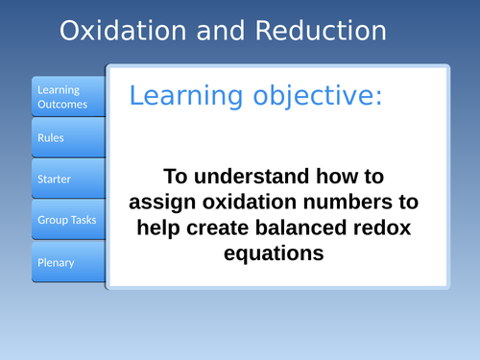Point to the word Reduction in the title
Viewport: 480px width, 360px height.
(322, 31)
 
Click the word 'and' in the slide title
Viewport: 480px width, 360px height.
(222, 31)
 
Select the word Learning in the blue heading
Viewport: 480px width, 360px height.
(185, 96)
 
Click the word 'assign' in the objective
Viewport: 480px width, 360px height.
(167, 203)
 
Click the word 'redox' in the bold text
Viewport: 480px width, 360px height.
(392, 228)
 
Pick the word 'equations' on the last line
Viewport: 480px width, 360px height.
(277, 254)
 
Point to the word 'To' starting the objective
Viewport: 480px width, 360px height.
(176, 178)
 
